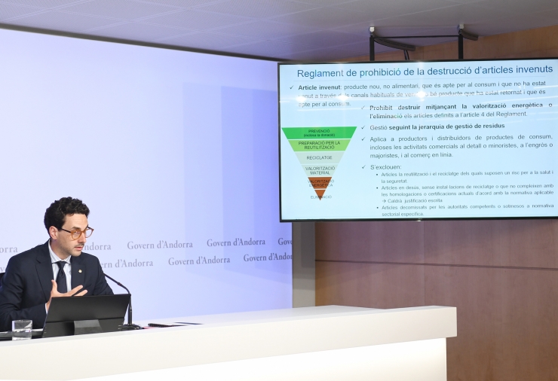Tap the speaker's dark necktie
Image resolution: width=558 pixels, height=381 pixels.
click(x=61, y=276)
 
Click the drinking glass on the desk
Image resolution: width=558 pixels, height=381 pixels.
click(x=22, y=329)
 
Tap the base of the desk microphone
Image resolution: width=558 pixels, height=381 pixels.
click(x=131, y=327)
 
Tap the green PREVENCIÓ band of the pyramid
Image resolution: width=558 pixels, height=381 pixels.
click(x=319, y=133)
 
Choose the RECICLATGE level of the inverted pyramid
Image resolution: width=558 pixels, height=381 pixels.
click(x=320, y=158)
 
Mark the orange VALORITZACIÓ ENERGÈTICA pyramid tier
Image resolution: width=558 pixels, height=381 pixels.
click(x=320, y=183)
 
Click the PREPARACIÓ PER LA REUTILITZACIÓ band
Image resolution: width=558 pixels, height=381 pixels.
click(x=319, y=145)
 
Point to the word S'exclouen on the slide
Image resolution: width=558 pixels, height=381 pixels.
click(x=386, y=166)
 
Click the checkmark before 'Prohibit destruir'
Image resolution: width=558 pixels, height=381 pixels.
click(x=363, y=108)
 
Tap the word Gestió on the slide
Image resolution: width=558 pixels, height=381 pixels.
click(x=379, y=127)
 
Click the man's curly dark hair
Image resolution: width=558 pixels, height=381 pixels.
click(x=65, y=211)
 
